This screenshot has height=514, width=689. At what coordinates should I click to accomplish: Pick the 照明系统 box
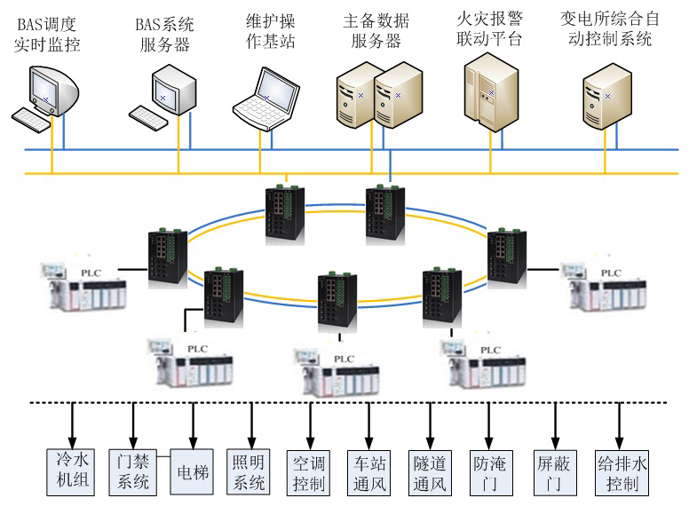coord(248,471)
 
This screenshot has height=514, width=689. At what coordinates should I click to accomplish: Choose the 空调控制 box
coord(310,473)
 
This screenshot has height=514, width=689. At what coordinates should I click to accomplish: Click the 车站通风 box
coord(368,473)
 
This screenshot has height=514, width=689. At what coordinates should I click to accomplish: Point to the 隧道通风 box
coord(432,473)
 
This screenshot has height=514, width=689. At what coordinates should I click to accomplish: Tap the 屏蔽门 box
coord(555,473)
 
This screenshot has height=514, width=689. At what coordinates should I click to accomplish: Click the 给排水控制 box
coord(619,473)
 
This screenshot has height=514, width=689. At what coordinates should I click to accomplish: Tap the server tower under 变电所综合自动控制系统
coord(606,98)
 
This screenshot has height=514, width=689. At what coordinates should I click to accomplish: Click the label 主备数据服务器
coord(373,30)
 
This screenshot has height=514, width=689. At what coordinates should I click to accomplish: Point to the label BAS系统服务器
coord(166,30)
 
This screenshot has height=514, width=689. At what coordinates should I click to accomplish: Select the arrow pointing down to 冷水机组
coord(71,424)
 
